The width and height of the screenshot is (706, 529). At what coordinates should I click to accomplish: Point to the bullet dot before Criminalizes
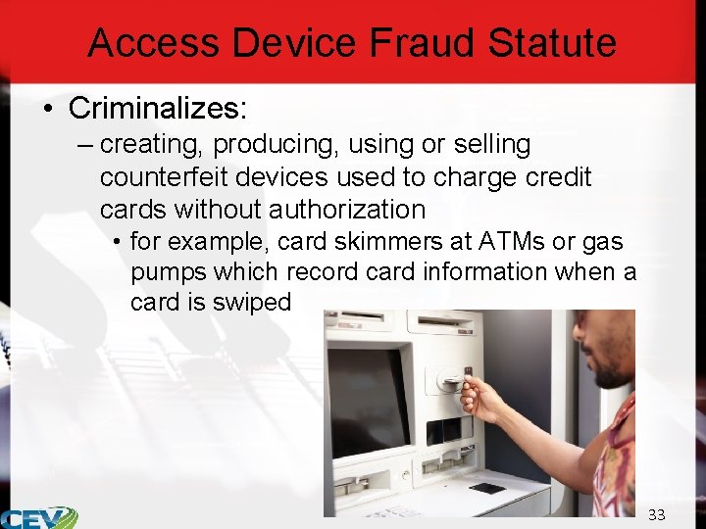[x=48, y=108]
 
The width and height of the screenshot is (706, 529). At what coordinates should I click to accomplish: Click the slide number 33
[x=656, y=515]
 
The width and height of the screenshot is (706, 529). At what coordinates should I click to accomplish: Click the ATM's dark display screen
[x=367, y=400]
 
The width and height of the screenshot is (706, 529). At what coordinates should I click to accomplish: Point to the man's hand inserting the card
[x=482, y=396]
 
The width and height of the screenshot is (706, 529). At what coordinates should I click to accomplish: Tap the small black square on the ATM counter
[x=486, y=488]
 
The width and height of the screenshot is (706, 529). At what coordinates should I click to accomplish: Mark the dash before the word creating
[x=84, y=145]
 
